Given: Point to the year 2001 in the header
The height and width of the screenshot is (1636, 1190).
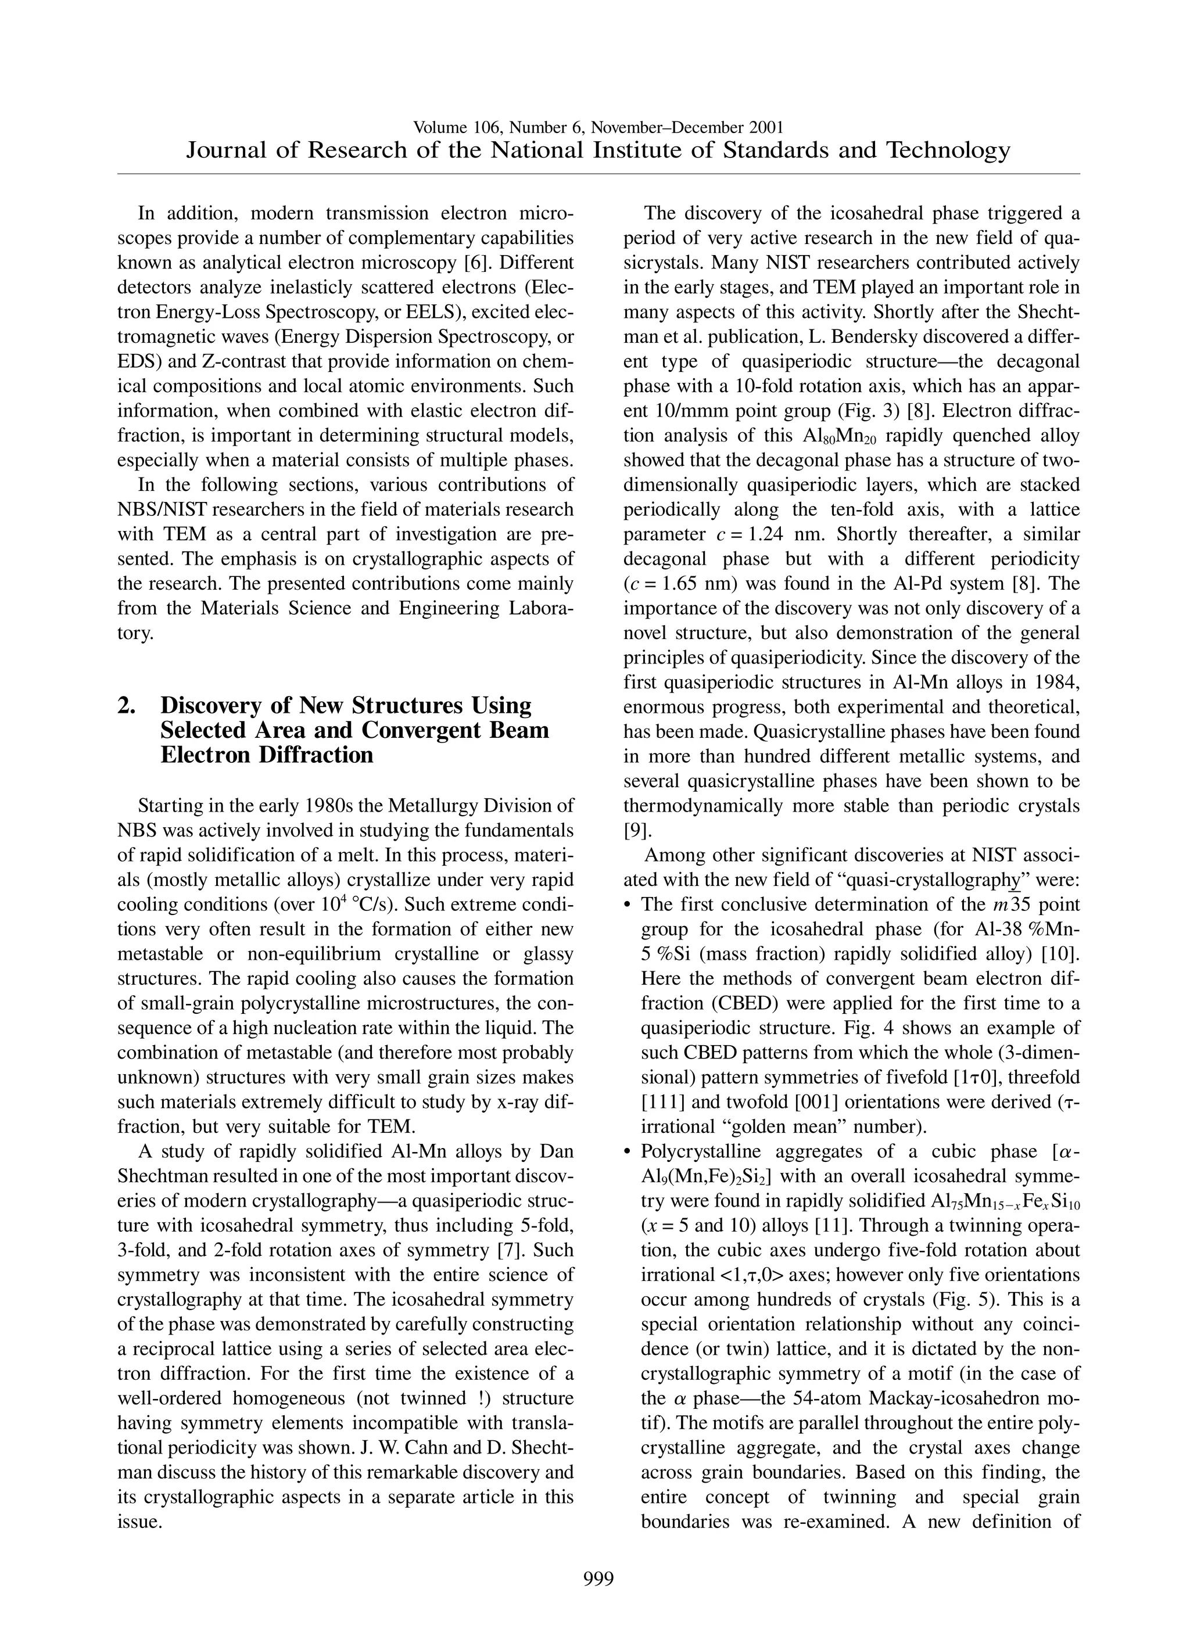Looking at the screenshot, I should point(766,128).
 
